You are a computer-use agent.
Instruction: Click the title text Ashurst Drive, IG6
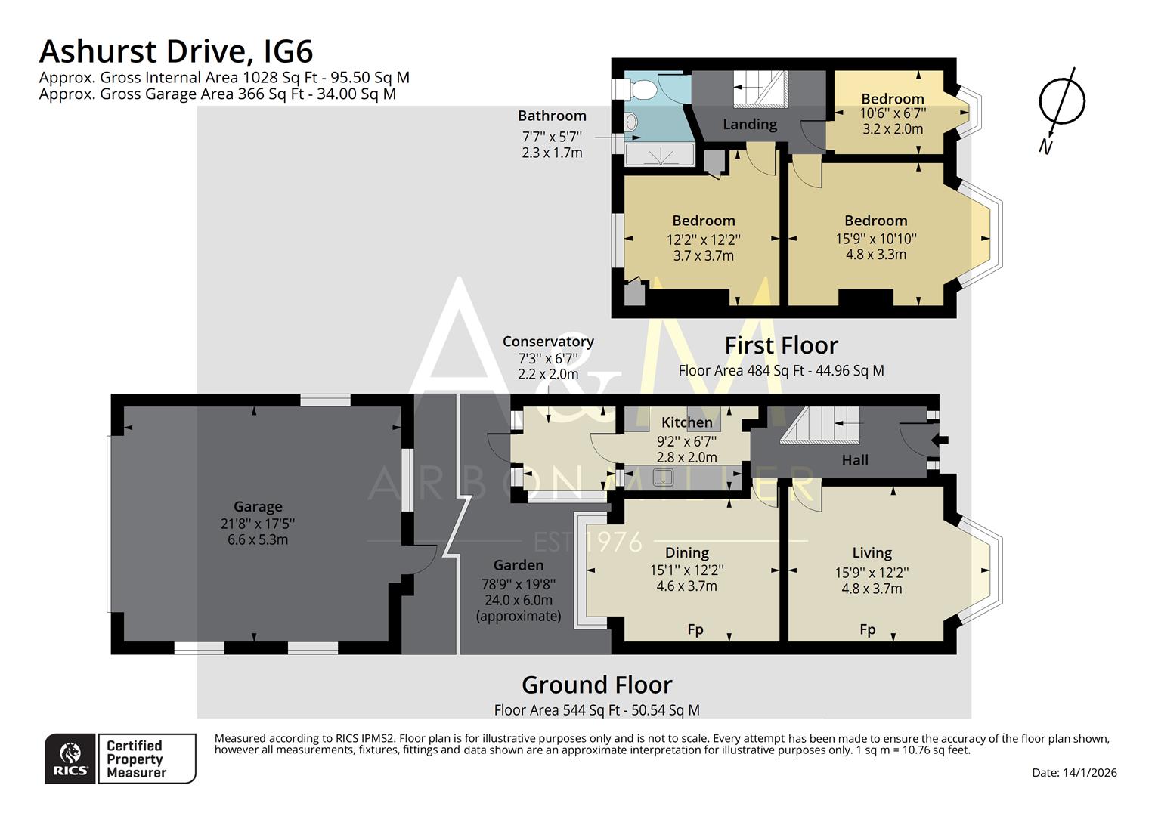pyautogui.click(x=175, y=51)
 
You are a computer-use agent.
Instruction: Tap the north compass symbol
pyautogui.click(x=1062, y=102)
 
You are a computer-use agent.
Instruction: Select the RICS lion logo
pyautogui.click(x=70, y=758)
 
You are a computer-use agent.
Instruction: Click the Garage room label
pyautogui.click(x=258, y=507)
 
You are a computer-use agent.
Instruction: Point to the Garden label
pyautogui.click(x=518, y=565)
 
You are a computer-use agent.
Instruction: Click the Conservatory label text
pyautogui.click(x=548, y=342)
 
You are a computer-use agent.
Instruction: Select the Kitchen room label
pyautogui.click(x=686, y=422)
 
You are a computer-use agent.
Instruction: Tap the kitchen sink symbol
pyautogui.click(x=664, y=477)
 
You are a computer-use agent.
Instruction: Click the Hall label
pyautogui.click(x=855, y=460)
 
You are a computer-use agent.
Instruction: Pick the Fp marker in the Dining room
pyautogui.click(x=695, y=629)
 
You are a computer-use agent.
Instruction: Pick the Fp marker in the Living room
pyautogui.click(x=867, y=629)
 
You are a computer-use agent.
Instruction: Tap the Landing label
pyautogui.click(x=749, y=125)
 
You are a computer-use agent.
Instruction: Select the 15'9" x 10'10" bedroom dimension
pyautogui.click(x=875, y=238)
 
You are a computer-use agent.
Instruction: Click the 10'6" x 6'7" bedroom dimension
pyautogui.click(x=893, y=113)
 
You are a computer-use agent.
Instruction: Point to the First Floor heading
pyautogui.click(x=781, y=345)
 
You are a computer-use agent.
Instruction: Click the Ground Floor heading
pyautogui.click(x=596, y=685)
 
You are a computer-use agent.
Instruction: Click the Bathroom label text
pyautogui.click(x=552, y=116)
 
